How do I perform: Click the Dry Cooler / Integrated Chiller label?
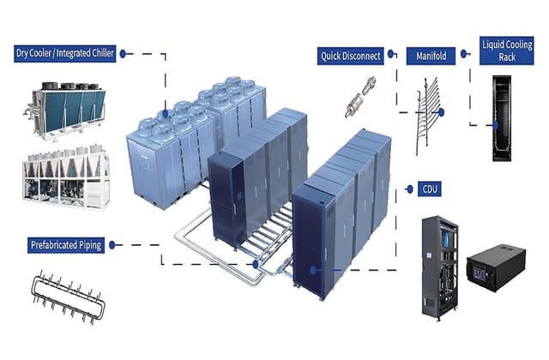click(65, 53)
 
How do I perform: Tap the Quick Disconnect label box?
click(351, 56)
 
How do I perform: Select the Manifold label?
click(431, 56)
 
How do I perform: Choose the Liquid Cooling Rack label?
click(507, 51)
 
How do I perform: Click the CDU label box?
click(430, 189)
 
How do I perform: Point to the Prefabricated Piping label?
click(66, 245)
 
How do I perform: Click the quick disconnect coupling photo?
click(360, 97)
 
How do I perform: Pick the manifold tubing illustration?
click(427, 117)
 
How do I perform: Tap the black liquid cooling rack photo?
click(502, 118)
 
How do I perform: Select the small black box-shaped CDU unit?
click(496, 267)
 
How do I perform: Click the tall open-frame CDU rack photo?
click(440, 267)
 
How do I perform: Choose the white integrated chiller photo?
click(66, 178)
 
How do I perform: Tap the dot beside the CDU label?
click(410, 189)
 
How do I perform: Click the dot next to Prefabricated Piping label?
click(112, 245)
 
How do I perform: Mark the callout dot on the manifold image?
click(441, 112)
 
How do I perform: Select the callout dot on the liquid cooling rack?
click(496, 125)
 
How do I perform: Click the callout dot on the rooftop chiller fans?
click(166, 113)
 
